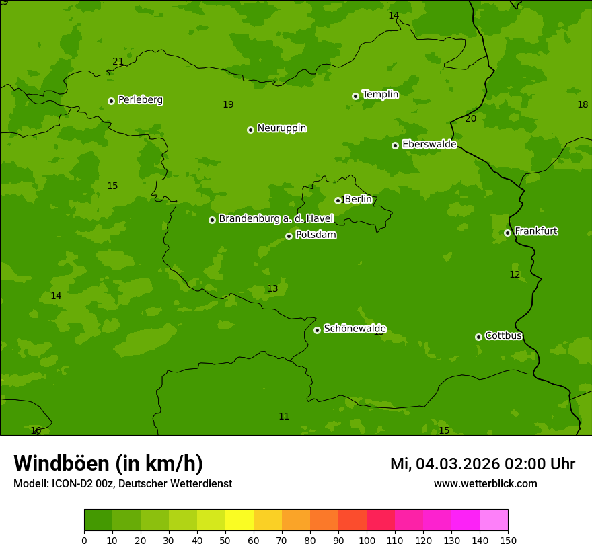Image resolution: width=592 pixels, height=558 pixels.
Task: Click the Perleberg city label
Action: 140,100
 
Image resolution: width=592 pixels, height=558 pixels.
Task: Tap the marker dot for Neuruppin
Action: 250,130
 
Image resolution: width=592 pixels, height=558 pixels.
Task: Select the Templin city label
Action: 380,95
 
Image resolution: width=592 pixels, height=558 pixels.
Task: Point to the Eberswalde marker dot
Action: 395,145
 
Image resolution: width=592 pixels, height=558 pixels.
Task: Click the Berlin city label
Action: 358,199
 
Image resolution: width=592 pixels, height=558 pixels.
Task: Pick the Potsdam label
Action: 316,235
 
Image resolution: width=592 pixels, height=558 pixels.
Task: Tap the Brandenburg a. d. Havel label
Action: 276,218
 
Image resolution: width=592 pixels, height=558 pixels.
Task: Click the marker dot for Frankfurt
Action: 507,233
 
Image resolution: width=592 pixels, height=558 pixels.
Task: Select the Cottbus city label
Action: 503,335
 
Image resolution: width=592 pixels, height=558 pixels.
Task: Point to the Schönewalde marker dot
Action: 317,330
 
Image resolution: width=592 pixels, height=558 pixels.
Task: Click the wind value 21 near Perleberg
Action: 118,62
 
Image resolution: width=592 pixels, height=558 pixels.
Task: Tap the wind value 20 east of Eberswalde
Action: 470,119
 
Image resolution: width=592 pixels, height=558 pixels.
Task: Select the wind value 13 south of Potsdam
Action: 272,289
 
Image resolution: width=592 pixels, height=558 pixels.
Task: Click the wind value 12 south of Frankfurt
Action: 515,274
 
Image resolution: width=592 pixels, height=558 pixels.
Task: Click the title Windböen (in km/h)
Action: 108,463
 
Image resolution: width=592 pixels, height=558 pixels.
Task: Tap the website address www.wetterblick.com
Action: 485,484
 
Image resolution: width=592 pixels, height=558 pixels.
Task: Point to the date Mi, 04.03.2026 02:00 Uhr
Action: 482,464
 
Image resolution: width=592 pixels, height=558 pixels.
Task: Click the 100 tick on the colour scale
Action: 367,540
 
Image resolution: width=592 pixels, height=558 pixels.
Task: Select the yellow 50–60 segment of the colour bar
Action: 239,520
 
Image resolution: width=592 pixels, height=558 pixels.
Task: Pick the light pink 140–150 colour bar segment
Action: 494,520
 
